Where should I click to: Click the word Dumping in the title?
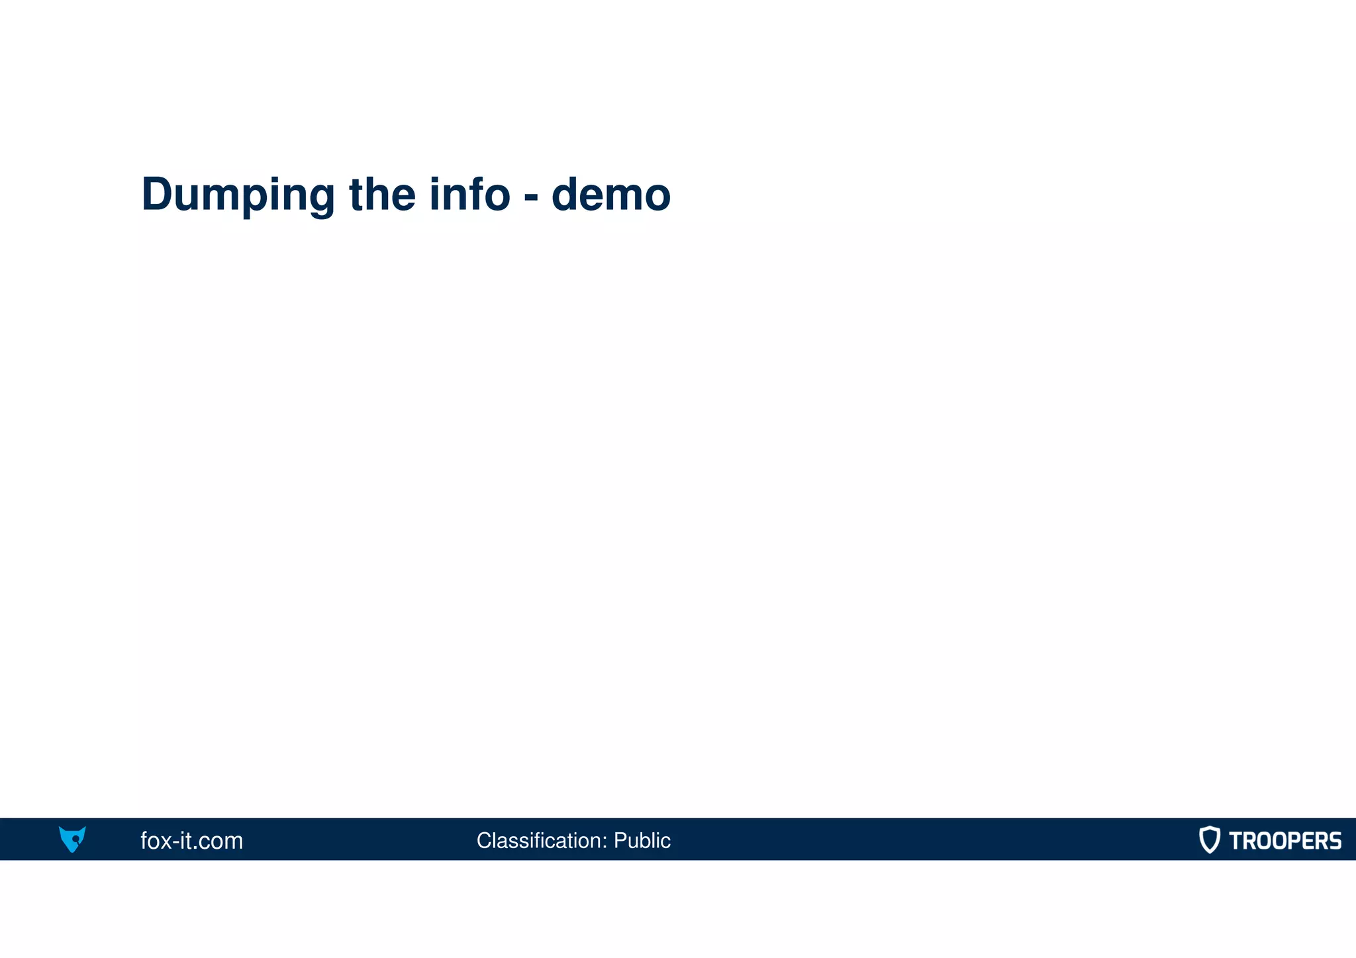click(x=238, y=195)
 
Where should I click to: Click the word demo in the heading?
click(x=610, y=195)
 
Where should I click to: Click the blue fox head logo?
click(x=72, y=839)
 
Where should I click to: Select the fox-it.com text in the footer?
click(x=191, y=841)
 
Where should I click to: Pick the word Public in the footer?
click(x=642, y=840)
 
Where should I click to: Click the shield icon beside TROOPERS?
click(x=1209, y=839)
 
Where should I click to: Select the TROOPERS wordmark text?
click(x=1284, y=841)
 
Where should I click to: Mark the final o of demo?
click(x=656, y=197)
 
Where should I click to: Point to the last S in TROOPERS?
click(x=1333, y=841)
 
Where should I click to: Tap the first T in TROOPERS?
click(x=1236, y=841)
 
